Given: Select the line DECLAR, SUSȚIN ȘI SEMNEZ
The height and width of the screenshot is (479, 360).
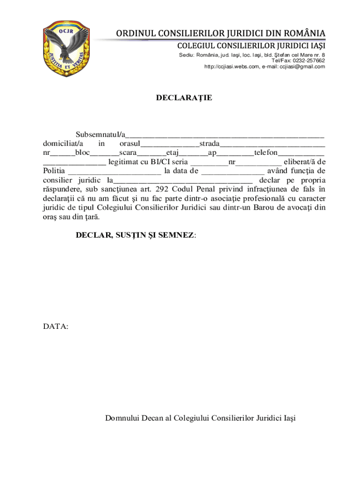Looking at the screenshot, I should tap(136, 235).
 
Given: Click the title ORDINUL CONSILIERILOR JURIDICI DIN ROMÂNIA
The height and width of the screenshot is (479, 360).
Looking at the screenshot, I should tap(221, 34).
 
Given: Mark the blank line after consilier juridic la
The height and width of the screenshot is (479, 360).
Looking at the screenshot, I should tap(183, 181).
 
